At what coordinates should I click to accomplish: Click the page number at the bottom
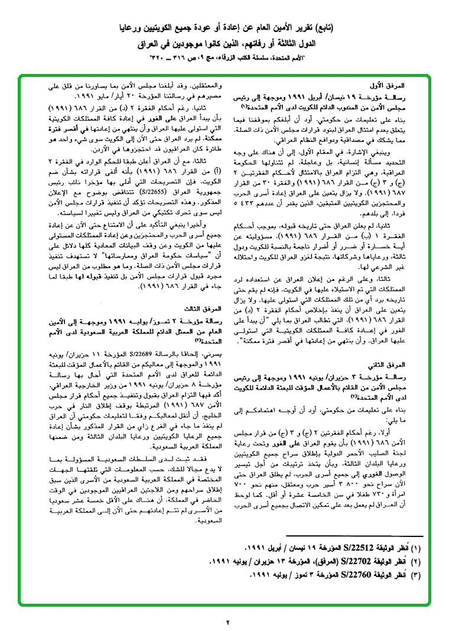(x=226, y=622)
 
